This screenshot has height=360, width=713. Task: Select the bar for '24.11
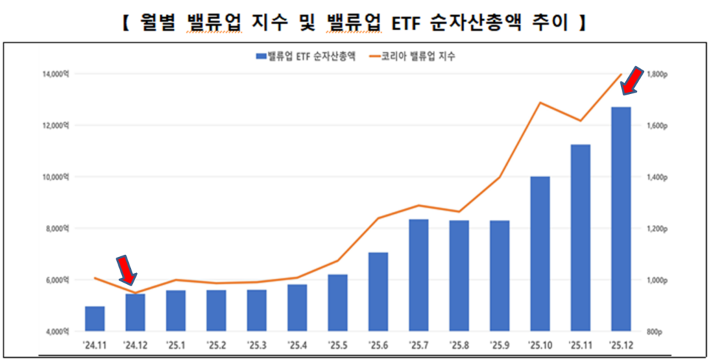[x=95, y=318]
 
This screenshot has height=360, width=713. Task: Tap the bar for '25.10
[x=540, y=253]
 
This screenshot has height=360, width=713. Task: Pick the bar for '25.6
[x=378, y=291]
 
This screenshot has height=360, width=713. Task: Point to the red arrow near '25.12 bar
[x=632, y=80]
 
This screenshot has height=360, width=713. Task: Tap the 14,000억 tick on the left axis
[x=56, y=74]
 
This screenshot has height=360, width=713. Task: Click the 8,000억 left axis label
[x=58, y=228]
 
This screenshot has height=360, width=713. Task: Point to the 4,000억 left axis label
[x=58, y=331]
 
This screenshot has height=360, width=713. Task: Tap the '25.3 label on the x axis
[x=257, y=345]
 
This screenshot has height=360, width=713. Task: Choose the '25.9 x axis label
[x=499, y=345]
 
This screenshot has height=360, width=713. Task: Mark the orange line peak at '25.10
[x=540, y=102]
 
